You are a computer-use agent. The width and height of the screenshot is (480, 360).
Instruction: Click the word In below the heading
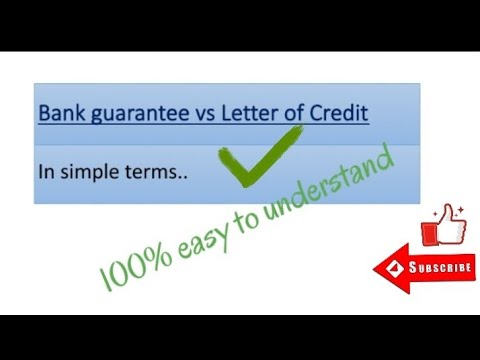click(45, 171)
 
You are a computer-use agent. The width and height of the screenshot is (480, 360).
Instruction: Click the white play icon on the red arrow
click(395, 269)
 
